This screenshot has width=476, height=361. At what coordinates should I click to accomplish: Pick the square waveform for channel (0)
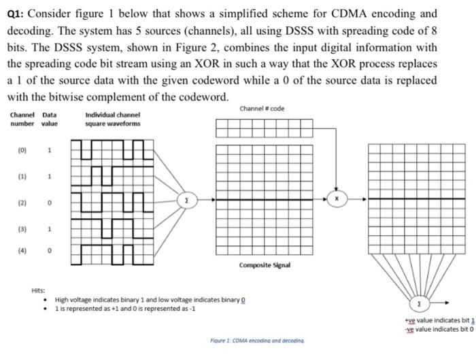click(114, 151)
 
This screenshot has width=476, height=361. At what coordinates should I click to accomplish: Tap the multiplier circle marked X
click(335, 199)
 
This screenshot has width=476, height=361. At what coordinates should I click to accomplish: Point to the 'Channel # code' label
click(262, 109)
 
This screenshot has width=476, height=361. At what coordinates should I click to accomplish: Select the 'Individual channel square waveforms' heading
click(113, 120)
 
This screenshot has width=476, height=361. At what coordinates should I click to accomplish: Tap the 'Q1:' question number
click(17, 14)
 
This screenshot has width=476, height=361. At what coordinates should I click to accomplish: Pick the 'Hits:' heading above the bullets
click(39, 290)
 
